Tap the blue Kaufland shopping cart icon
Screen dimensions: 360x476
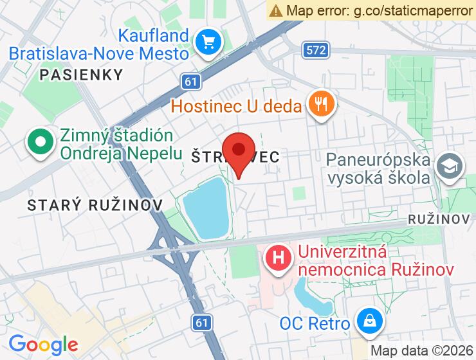(208, 42)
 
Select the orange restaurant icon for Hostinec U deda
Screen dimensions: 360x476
(320, 104)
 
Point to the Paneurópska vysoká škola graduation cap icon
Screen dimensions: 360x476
(448, 166)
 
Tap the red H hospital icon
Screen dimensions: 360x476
(278, 259)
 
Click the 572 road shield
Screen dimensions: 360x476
(316, 50)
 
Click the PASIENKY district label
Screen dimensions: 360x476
(81, 75)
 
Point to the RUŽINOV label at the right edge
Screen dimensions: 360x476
(439, 219)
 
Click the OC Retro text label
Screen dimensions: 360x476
(315, 323)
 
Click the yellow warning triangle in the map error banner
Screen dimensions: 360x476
(276, 10)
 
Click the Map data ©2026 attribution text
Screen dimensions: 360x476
(421, 351)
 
